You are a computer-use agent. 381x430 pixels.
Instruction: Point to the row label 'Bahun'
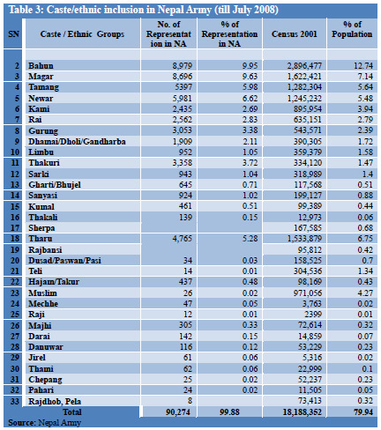(x=41, y=66)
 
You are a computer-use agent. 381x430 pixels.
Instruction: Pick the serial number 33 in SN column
(x=12, y=398)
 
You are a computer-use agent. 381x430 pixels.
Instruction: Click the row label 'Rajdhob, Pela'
(x=54, y=398)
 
